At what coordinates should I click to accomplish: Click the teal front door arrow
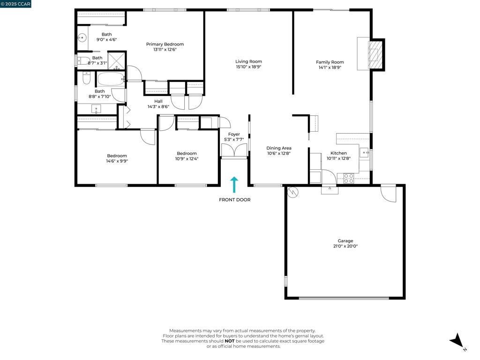[234, 185]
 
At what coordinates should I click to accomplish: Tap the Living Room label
[248, 61]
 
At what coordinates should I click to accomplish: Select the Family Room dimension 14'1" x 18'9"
[330, 67]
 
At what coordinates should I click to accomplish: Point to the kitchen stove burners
[349, 178]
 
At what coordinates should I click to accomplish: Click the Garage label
[345, 241]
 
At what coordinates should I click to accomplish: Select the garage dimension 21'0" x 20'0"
[345, 246]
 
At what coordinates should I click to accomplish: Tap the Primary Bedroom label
[165, 44]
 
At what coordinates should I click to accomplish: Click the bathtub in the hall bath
[111, 79]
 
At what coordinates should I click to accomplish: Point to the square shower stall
[117, 61]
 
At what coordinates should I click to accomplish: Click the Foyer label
[234, 135]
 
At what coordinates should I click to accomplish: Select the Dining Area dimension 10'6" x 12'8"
[279, 153]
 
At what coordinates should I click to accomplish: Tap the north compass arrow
[457, 341]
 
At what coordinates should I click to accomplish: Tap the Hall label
[158, 101]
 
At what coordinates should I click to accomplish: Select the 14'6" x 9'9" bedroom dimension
[117, 161]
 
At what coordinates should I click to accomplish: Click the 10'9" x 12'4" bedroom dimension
[187, 159]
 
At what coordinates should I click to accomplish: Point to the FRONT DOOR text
[234, 200]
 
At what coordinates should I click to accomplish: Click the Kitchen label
[338, 153]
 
